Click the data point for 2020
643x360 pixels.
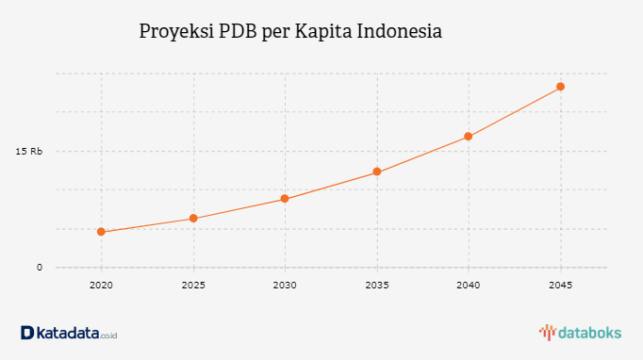point(101,232)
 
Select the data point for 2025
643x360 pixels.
point(193,219)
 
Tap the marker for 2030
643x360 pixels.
point(285,199)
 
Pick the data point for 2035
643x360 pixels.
point(376,172)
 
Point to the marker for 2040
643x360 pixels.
point(469,137)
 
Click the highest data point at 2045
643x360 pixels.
point(560,87)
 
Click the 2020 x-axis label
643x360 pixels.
point(101,285)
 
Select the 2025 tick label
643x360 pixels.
point(193,285)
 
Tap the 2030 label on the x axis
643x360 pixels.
point(285,285)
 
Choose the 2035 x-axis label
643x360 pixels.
point(376,285)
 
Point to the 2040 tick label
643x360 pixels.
point(469,285)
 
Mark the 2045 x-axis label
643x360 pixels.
point(560,285)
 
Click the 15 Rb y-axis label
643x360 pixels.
point(29,151)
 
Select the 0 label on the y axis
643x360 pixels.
point(40,268)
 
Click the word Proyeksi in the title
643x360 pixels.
point(175,31)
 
